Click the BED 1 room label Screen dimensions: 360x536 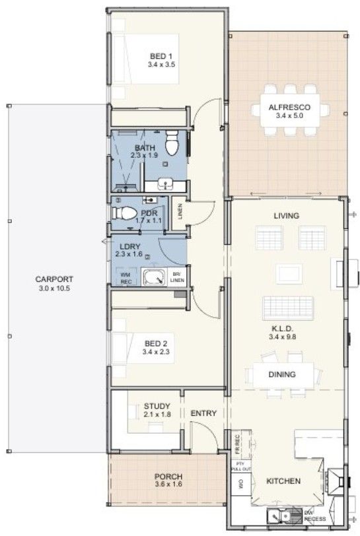coord(161,56)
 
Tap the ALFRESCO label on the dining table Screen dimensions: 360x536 coord(289,108)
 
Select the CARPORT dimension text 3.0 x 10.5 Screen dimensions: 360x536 coord(54,288)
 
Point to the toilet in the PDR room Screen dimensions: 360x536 coord(124,213)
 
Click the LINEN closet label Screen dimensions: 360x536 coord(180,211)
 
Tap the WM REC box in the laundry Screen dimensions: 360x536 coord(126,277)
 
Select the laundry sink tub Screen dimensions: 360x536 coord(154,277)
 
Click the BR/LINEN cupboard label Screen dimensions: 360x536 coord(178,277)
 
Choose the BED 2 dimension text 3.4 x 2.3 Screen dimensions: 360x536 coord(156,352)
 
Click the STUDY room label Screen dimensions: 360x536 coord(157,406)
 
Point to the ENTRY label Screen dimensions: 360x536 coord(203,413)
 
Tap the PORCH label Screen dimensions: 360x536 coord(168,477)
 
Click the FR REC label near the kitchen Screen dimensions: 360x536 coord(237,444)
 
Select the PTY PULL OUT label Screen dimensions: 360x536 coord(241,466)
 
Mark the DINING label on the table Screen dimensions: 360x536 coord(282,375)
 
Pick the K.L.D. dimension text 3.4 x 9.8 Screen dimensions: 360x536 coord(283,337)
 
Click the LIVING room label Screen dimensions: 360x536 coord(287,216)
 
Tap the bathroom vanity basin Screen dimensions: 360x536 coord(166,185)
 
